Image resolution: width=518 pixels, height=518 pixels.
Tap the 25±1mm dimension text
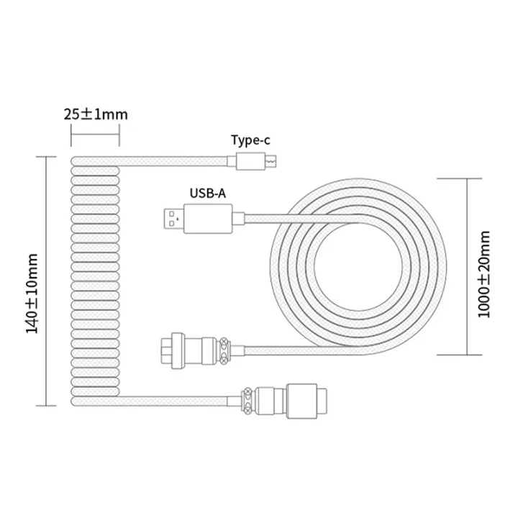click(95, 114)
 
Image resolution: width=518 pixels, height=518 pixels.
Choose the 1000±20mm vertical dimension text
click(487, 266)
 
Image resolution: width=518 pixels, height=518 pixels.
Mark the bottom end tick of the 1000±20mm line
click(468, 355)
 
